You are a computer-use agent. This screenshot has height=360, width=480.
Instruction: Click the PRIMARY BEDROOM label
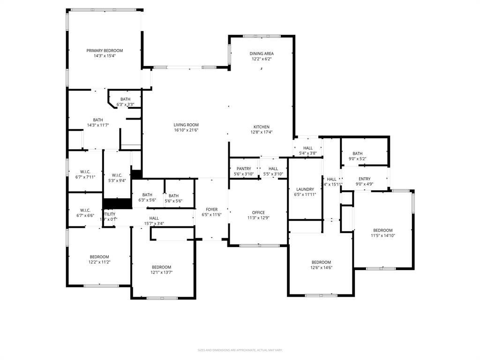tap(104, 51)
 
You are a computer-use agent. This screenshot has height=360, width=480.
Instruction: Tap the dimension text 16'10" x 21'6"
tap(186, 130)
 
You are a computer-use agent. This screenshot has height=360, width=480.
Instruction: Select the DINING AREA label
tap(261, 53)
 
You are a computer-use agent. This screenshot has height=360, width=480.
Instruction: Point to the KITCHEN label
tap(261, 127)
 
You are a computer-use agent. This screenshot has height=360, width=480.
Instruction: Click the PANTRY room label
tap(244, 169)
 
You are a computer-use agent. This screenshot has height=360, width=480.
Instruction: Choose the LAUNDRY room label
tap(305, 189)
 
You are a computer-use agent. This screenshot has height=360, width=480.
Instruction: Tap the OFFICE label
tap(258, 212)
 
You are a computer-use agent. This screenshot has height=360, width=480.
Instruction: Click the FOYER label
tap(211, 210)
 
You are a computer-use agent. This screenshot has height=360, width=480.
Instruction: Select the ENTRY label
tap(364, 179)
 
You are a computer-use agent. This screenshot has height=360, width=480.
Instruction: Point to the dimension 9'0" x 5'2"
tap(357, 159)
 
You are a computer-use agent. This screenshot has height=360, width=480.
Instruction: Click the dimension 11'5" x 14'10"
tap(382, 236)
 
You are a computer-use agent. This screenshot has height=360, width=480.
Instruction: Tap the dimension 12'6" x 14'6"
tap(321, 268)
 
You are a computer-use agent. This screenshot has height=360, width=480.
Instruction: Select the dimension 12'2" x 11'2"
tap(99, 262)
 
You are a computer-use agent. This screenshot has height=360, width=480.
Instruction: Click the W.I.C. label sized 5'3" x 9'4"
tap(117, 180)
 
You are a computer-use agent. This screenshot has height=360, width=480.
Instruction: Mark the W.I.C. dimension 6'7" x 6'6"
tap(85, 216)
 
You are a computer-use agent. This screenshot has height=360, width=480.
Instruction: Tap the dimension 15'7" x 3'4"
tap(154, 224)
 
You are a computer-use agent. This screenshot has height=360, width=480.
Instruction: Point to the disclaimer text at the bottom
tap(240, 350)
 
